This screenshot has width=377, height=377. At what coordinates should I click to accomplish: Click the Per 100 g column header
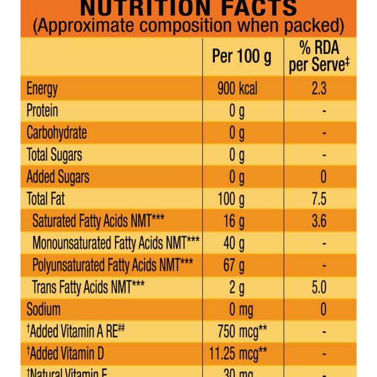coord(242,57)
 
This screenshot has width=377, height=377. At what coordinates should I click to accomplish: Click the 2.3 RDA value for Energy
coord(319,89)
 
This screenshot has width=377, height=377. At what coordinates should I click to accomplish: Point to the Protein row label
coord(42,111)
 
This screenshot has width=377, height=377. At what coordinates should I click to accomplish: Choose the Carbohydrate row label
coord(57,133)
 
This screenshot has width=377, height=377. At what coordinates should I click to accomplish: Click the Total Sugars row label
coord(54,155)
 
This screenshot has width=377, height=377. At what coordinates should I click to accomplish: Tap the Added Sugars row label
coord(58,177)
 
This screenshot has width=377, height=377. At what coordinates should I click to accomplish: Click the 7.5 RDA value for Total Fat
coord(319,199)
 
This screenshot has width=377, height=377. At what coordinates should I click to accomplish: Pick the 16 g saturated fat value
coord(237,221)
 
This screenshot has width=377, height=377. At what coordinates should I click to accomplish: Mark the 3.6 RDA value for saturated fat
coord(319,221)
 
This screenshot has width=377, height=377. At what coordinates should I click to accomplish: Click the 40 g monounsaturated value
coord(237,243)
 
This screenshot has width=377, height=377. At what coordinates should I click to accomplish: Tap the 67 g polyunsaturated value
coord(237,265)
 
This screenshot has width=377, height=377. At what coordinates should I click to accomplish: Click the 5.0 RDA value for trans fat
coord(319,287)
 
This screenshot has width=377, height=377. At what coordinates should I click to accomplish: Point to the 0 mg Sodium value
coord(237,309)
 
